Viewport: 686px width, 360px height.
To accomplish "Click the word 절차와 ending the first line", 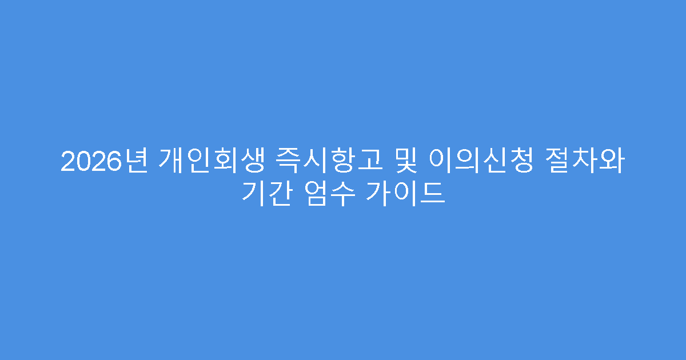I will click(x=595, y=162).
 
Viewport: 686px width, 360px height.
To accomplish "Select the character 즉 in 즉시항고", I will click(x=285, y=162).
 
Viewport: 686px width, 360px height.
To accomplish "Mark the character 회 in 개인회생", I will click(x=225, y=162).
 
